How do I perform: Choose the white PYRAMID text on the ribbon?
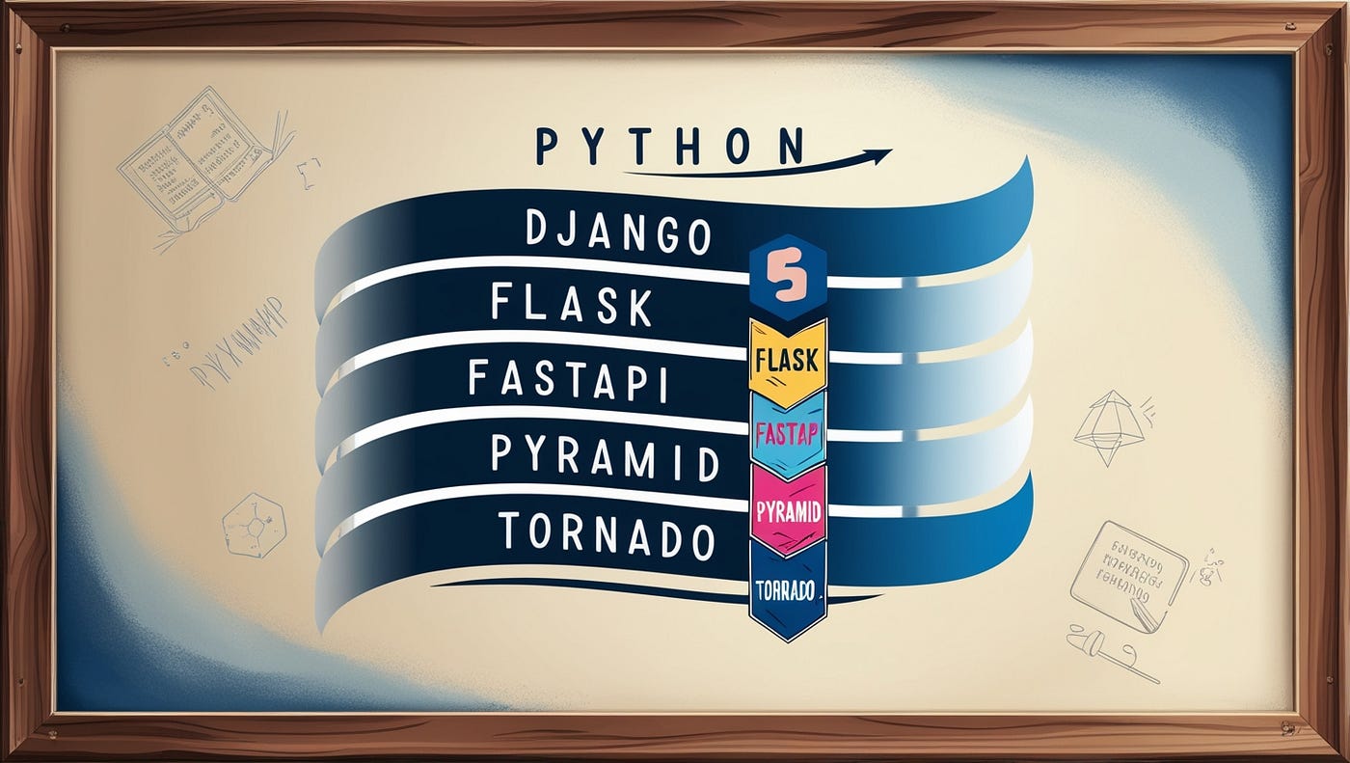pos(605,456)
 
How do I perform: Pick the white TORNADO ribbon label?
pos(607,534)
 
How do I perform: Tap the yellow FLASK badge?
pos(787,362)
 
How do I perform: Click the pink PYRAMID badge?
pos(788,510)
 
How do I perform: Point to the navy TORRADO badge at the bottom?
pos(787,587)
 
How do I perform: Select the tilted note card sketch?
pos(1129,575)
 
